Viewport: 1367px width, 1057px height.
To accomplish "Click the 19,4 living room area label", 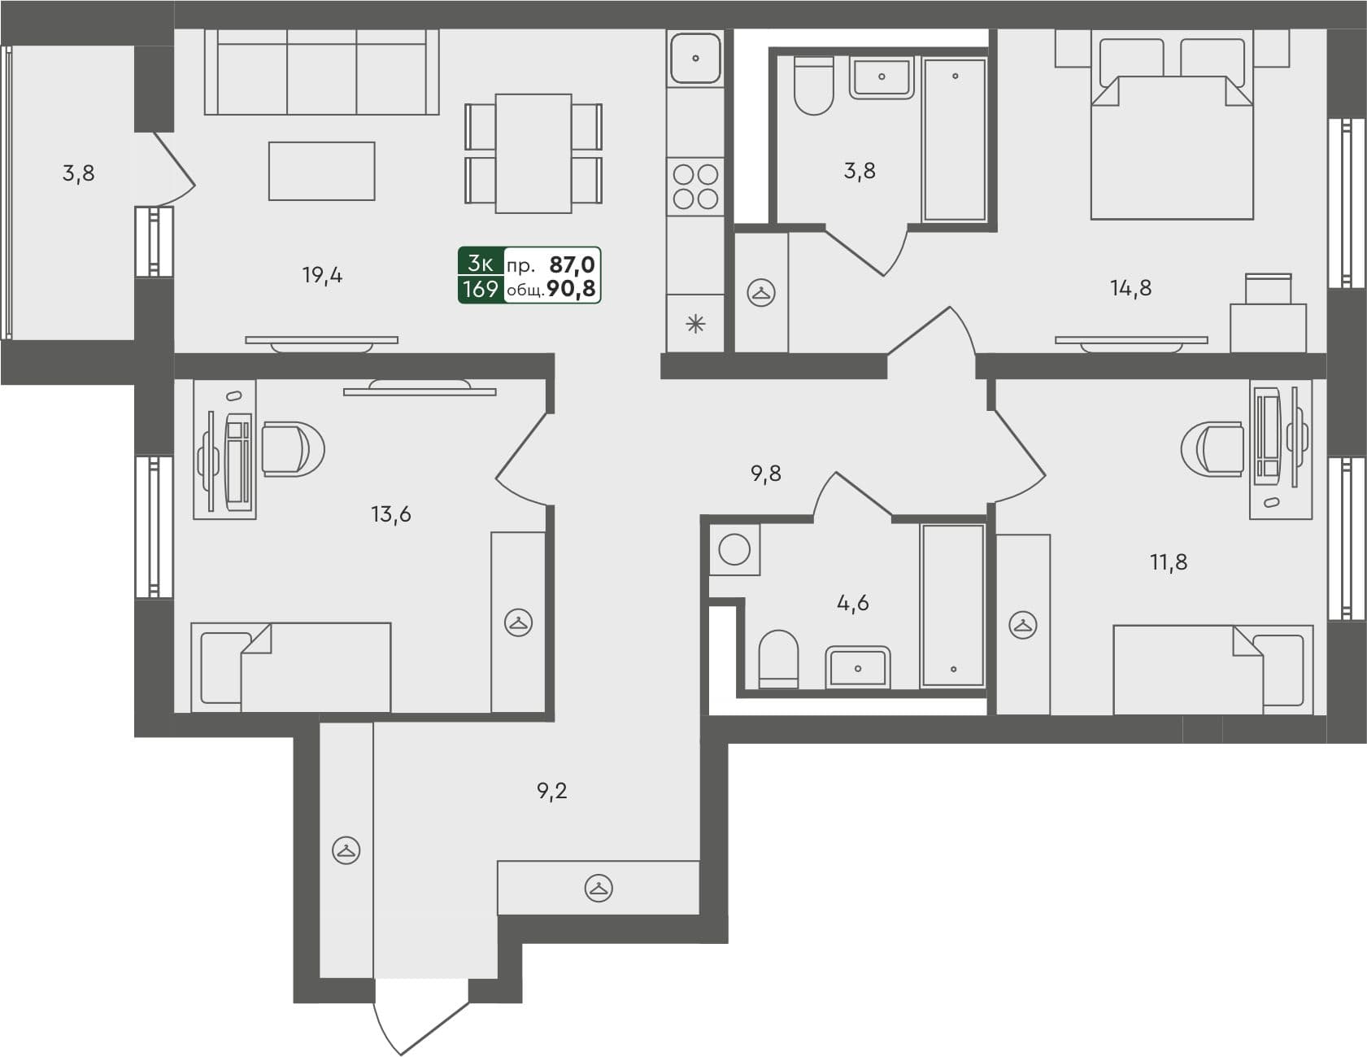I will (322, 276).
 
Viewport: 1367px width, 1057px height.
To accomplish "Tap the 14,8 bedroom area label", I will (1130, 288).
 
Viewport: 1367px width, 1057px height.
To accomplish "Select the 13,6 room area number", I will (390, 514).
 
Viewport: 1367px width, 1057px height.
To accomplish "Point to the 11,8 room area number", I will (1168, 562).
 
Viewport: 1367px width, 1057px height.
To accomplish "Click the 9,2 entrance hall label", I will (552, 790).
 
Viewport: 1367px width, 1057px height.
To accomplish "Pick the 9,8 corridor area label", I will (765, 474).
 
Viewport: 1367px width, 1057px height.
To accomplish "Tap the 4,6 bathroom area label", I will (852, 603).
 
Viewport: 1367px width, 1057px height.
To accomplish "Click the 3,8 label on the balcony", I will (78, 173).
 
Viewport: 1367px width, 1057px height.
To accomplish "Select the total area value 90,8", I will (571, 289).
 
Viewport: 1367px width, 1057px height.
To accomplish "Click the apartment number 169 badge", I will (480, 289).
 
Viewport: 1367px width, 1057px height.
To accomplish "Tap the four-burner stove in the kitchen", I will (696, 186).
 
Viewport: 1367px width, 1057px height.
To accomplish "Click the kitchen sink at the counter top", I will (695, 58).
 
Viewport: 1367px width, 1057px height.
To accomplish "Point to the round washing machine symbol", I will (734, 550).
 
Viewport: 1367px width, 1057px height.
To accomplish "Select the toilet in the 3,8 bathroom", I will (813, 85).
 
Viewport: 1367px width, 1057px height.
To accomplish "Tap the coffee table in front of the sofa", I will (321, 171).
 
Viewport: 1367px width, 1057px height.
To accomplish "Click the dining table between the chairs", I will (533, 153).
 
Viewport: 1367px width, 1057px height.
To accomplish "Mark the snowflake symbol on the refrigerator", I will (695, 325).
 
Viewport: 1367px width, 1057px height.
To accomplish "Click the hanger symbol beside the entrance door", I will (346, 851).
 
